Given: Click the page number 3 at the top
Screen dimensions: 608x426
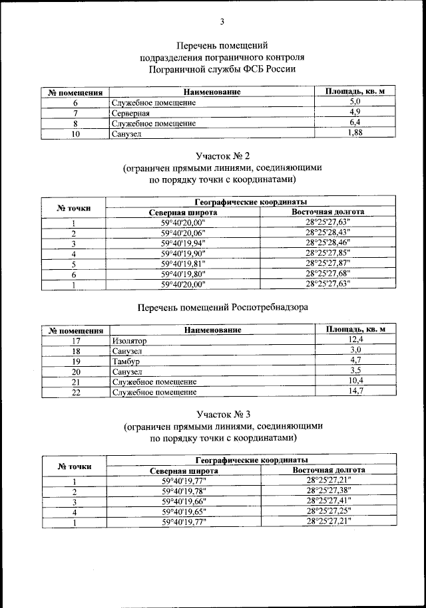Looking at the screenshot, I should [222, 22].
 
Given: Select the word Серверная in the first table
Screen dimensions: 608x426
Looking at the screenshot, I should [130, 113].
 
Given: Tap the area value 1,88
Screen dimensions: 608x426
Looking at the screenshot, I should [355, 134].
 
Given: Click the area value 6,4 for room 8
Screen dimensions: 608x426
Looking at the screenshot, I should [355, 123].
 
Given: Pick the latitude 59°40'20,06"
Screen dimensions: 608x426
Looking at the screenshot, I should [184, 233].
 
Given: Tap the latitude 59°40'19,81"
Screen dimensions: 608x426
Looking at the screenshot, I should [184, 264].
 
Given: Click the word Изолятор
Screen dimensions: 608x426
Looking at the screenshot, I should [129, 340].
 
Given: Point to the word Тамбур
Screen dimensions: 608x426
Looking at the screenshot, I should [126, 361].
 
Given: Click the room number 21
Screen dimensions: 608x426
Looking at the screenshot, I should [76, 381].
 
